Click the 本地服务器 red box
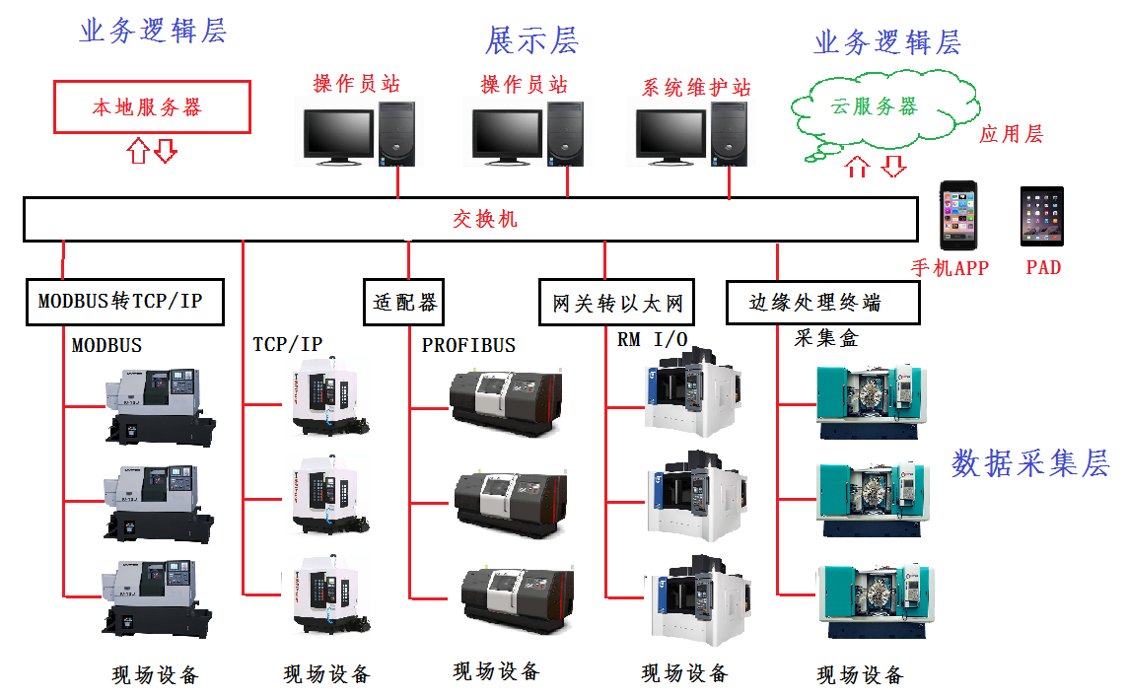point(152,107)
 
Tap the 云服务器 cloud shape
point(873,107)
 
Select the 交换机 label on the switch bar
point(485,219)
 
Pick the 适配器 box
point(403,302)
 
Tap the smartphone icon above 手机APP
point(956,214)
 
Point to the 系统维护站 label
point(696,88)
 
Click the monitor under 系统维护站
point(670,135)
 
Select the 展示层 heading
point(531,40)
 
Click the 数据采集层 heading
point(1030,463)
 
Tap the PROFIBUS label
point(468,346)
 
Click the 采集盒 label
point(826,338)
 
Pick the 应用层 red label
point(1011,134)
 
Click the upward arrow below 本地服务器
point(138,150)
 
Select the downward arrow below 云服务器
point(893,166)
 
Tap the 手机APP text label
point(950,268)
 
